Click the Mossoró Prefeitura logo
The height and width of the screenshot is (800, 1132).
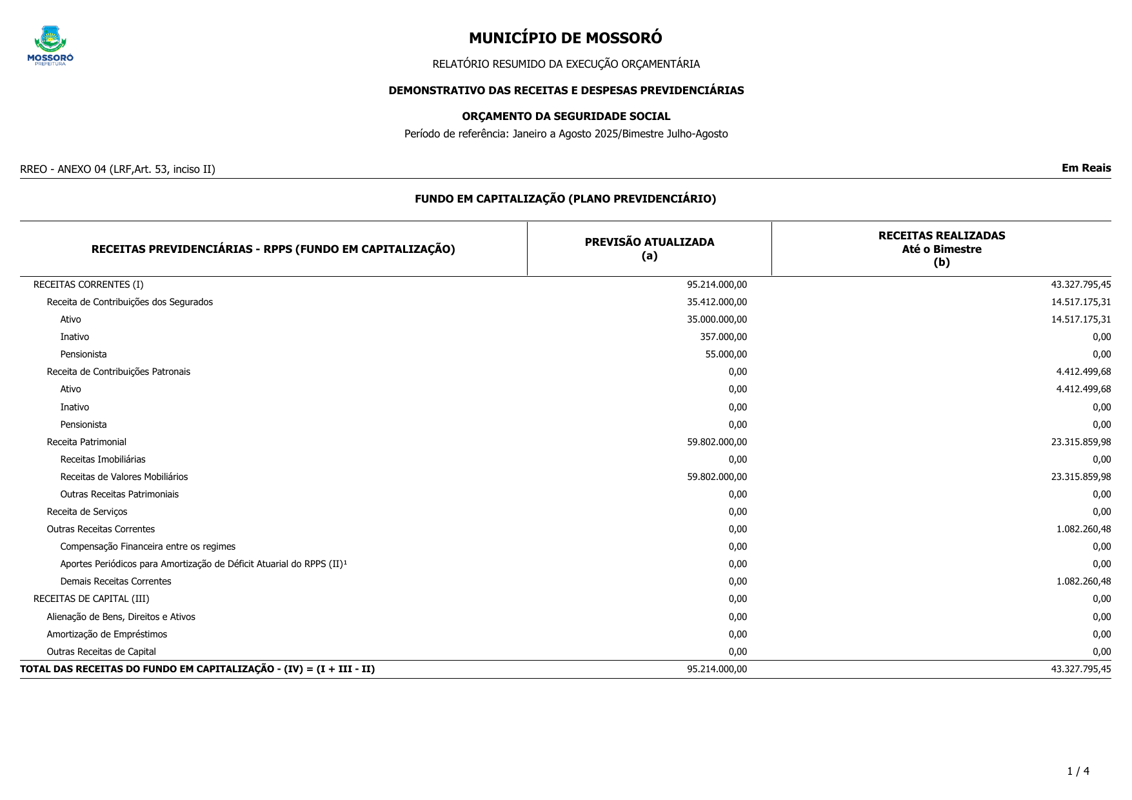point(50,46)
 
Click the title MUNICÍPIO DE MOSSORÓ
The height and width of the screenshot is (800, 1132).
point(565,38)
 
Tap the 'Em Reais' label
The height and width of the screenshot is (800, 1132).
point(1086,168)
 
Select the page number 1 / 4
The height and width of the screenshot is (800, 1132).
point(1078,772)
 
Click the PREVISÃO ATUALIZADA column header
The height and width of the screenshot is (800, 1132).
point(649,249)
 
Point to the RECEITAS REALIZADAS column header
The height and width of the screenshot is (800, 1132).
point(941,249)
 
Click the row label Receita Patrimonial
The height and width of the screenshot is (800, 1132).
point(86,442)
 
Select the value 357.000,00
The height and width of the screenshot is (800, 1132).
point(723,337)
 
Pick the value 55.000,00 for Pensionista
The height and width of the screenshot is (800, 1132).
point(726,354)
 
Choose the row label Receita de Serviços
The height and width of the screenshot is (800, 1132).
point(87,512)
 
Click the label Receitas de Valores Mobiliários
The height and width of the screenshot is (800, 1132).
point(124,477)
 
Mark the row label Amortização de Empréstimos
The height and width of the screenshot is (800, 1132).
point(106,634)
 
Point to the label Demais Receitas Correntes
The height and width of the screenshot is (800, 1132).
point(115,581)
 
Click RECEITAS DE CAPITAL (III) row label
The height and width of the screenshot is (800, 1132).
point(91,599)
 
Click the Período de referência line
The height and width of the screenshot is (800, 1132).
point(566,134)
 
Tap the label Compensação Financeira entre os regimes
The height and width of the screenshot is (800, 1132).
point(148,546)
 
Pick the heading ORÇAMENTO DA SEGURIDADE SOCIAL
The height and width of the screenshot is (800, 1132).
point(566,117)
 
